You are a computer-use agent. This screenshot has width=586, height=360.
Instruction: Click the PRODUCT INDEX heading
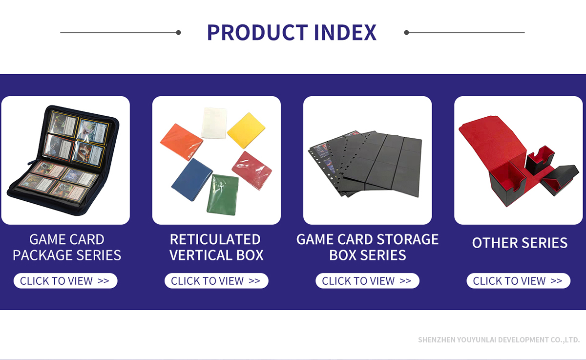292,32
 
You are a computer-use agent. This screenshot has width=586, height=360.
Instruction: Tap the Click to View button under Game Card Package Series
65,281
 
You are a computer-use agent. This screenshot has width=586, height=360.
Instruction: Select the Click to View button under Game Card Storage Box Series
367,281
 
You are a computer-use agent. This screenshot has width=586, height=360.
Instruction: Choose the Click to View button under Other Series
518,281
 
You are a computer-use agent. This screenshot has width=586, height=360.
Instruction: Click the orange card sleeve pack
181,142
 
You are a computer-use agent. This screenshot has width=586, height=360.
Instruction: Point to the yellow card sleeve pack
246,130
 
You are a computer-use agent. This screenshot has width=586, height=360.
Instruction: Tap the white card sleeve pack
214,123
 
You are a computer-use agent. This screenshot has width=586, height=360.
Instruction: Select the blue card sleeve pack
192,179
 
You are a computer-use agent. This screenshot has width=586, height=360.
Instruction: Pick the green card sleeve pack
223,194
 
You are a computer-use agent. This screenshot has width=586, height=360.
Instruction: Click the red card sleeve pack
251,170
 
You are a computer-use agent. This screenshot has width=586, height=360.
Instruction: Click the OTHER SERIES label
520,243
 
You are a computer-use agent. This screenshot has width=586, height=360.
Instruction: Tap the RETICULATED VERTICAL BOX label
216,247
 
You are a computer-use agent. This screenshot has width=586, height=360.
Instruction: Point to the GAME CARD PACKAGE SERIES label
67,247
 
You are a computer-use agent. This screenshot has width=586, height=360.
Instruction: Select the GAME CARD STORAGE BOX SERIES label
367,247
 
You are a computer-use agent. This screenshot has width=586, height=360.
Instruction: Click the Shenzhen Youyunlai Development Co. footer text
499,340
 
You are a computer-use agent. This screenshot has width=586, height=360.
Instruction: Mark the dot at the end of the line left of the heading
178,32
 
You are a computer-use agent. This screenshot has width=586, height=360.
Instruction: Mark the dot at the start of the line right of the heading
406,32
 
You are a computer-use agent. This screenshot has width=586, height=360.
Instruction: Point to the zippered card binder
63,160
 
